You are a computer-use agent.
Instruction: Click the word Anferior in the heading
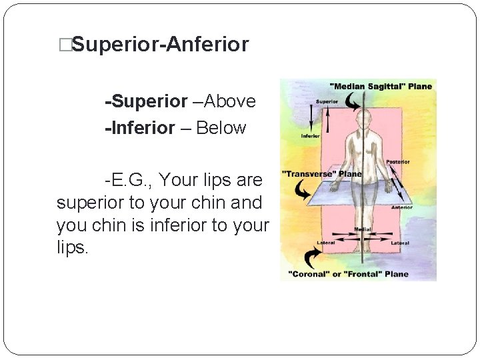[207, 45]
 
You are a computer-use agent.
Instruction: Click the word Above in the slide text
[229, 101]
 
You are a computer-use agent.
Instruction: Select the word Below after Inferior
[221, 128]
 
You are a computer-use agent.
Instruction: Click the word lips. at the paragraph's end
[72, 248]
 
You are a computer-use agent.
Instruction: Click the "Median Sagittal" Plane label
[381, 86]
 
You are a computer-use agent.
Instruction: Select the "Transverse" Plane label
[322, 174]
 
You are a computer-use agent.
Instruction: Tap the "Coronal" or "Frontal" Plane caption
[348, 273]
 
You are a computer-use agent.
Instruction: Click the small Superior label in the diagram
[327, 102]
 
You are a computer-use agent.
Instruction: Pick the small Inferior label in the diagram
[311, 136]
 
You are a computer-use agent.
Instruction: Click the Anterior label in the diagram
[401, 207]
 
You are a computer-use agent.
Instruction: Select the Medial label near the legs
[363, 229]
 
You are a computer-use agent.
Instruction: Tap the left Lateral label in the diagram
[326, 243]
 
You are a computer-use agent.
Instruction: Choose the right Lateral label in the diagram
[399, 243]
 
